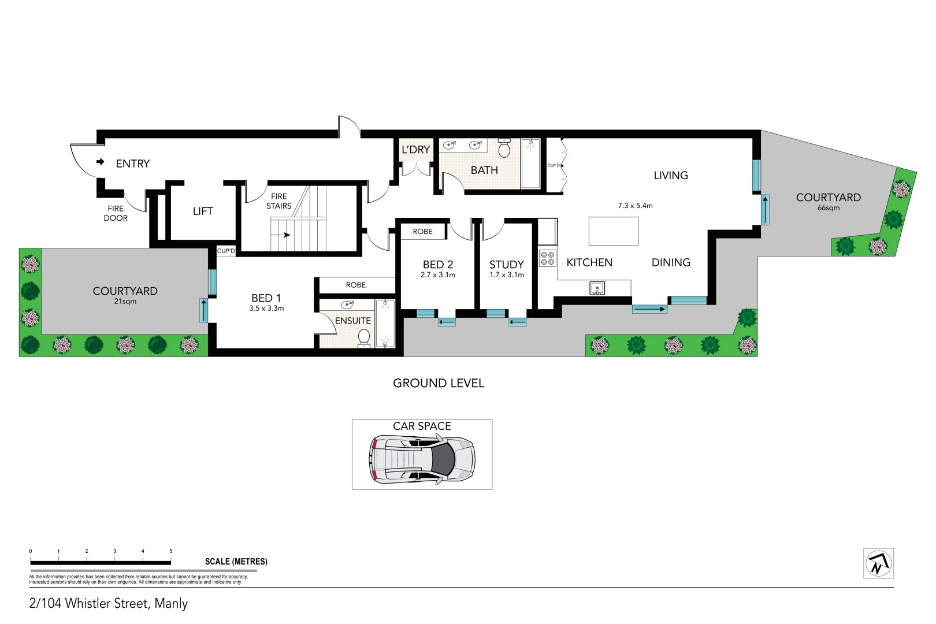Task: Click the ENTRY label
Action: [x=132, y=164]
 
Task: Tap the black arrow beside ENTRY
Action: [x=101, y=162]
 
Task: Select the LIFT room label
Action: [x=203, y=211]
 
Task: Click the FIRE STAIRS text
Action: [x=278, y=201]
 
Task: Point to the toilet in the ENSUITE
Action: [x=364, y=337]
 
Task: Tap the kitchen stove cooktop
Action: [x=548, y=258]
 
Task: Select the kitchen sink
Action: [x=597, y=287]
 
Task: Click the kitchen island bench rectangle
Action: [x=613, y=231]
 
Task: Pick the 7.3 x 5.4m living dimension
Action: [x=635, y=206]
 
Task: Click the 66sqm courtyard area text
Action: [x=828, y=208]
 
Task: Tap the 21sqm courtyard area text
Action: [x=125, y=302]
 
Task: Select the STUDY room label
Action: [x=506, y=264]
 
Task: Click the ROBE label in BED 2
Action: [x=422, y=232]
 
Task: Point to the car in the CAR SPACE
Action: [x=422, y=460]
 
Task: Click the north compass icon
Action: [x=878, y=563]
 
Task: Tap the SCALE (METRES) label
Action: [x=236, y=562]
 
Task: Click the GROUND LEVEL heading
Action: [x=439, y=383]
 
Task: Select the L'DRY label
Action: [x=415, y=150]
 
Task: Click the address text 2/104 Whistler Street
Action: [x=109, y=603]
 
